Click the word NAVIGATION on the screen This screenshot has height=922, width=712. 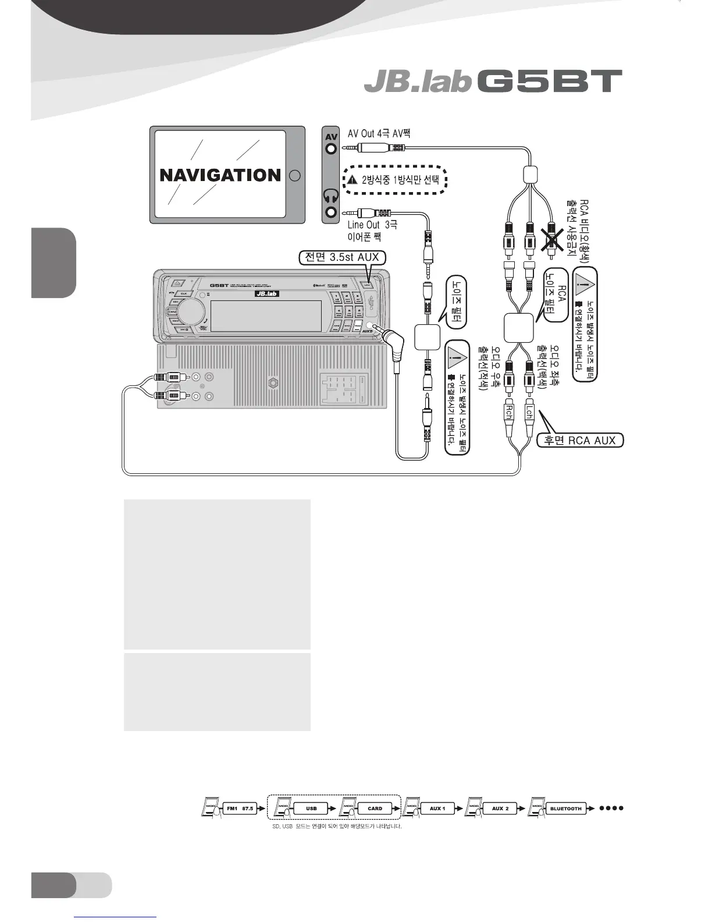click(x=220, y=175)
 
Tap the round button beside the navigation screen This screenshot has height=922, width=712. click(x=294, y=175)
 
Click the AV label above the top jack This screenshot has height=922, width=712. click(x=331, y=137)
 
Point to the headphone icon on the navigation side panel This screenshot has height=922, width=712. click(x=331, y=196)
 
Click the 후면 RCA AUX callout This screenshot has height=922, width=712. click(x=579, y=440)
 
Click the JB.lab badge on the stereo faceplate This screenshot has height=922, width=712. click(x=266, y=294)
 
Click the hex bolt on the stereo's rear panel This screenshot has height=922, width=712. click(x=272, y=384)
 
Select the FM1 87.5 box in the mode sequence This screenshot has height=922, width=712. click(x=240, y=808)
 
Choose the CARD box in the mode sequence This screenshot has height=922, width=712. click(x=375, y=808)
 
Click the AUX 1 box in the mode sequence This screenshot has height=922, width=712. click(x=437, y=808)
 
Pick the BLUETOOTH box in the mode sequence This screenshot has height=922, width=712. click(x=565, y=808)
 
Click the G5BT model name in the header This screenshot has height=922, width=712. click(x=549, y=81)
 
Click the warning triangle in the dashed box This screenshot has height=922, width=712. click(x=352, y=180)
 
